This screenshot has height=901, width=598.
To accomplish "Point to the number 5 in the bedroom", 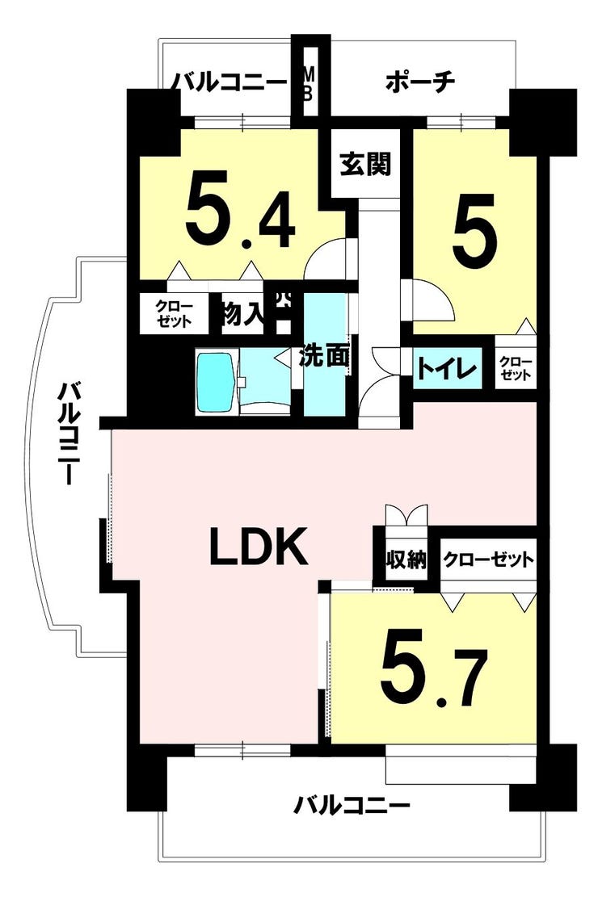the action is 474,226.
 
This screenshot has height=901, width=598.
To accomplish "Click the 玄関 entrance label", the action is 365,164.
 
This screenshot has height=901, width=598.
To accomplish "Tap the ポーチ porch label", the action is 420,82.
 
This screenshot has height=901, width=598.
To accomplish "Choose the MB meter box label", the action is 308,84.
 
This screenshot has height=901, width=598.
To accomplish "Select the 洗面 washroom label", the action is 324,356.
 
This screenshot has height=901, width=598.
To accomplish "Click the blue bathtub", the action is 216,382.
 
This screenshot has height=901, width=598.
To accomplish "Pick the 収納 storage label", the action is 406,559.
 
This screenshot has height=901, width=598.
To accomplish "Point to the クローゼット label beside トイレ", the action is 516,368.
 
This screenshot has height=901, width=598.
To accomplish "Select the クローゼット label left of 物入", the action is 175,314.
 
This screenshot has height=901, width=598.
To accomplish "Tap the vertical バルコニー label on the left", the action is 68,434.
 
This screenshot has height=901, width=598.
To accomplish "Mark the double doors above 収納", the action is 406,515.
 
